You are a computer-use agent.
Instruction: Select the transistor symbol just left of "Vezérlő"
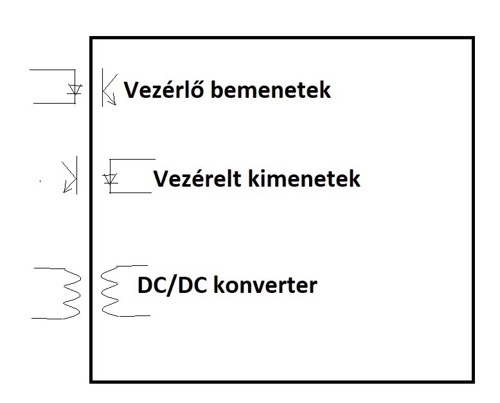108,88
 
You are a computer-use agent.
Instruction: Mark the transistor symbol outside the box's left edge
69,174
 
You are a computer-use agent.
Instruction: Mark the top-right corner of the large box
473,38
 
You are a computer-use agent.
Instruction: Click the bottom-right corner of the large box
473,382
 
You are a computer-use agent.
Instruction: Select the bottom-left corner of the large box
91,382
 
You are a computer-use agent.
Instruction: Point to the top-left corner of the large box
91,38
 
